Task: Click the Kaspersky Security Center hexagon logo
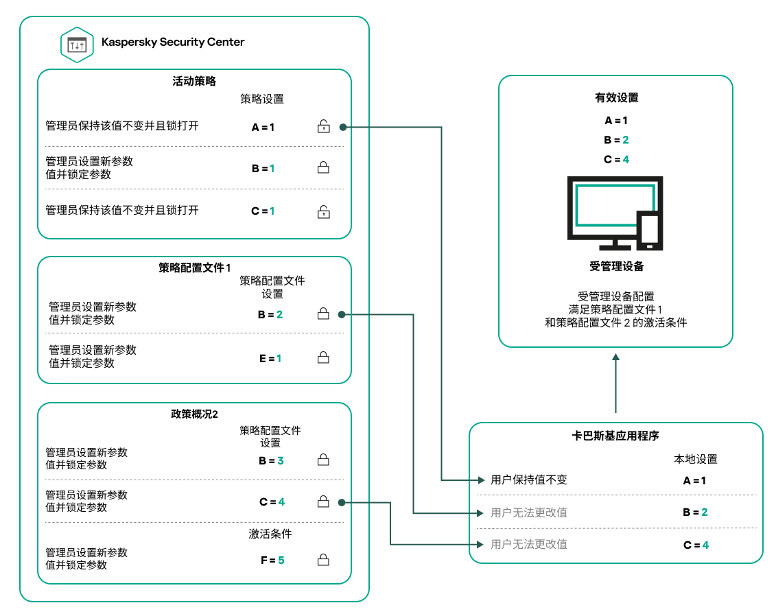[77, 45]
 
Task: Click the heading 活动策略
[194, 81]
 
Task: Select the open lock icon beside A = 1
[323, 126]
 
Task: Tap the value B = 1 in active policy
[263, 168]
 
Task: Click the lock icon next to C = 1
[323, 211]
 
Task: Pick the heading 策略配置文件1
[194, 268]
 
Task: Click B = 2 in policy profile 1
[270, 315]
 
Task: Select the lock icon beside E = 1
[323, 357]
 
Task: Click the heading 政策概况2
[194, 414]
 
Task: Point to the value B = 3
[271, 461]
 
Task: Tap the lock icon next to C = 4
[323, 502]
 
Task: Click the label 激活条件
[270, 534]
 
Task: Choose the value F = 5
[272, 560]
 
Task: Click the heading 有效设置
[616, 97]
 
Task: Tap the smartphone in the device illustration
[649, 230]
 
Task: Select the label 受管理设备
[616, 266]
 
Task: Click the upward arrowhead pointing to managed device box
[616, 358]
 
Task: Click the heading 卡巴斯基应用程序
[616, 436]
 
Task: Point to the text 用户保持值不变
[529, 480]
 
